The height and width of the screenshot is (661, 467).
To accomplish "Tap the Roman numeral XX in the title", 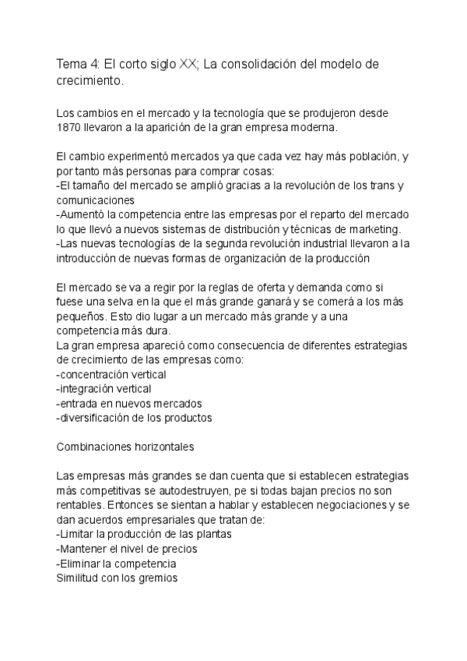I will point(188,65).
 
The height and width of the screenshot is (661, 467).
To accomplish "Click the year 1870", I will point(70,127).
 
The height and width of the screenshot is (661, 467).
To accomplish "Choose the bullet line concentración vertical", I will point(112,374).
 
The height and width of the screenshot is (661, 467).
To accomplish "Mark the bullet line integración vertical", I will point(105,388).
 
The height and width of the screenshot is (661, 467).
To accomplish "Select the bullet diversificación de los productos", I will point(135,418).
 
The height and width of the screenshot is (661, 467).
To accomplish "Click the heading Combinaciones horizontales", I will point(125,447).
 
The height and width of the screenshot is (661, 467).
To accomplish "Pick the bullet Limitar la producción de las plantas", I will point(145,535).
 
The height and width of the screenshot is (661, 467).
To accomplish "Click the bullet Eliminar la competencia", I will point(116,564).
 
